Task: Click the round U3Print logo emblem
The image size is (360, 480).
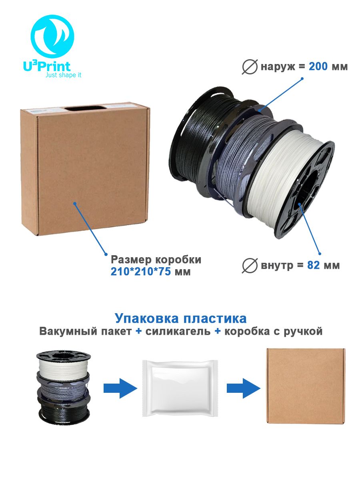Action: (x=52, y=36)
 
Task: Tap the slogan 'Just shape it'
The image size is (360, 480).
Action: (x=63, y=75)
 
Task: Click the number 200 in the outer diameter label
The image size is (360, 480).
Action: (x=318, y=66)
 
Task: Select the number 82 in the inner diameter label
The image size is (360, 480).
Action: (x=313, y=265)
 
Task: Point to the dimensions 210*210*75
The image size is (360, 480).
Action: (x=140, y=272)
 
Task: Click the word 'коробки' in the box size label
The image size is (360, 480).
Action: (x=178, y=260)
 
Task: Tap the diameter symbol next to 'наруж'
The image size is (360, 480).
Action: (x=250, y=67)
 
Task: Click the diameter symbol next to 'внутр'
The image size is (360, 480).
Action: (x=250, y=266)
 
